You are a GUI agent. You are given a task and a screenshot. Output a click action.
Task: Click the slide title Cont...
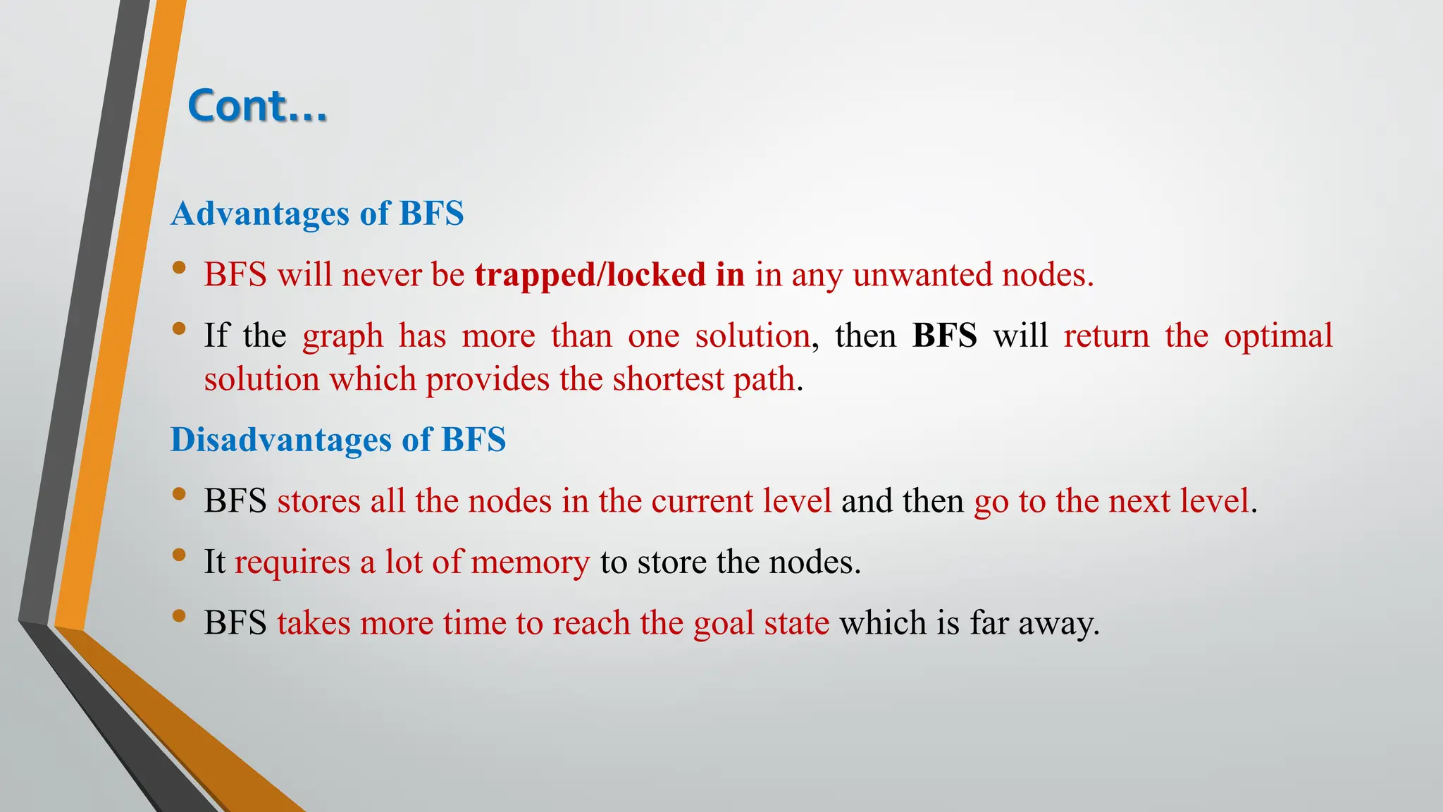pyautogui.click(x=257, y=106)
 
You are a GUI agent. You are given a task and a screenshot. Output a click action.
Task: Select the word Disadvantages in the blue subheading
pyautogui.click(x=280, y=441)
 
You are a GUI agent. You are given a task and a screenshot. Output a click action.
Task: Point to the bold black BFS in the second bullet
pyautogui.click(x=944, y=336)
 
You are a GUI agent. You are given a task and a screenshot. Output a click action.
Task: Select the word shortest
pyautogui.click(x=667, y=380)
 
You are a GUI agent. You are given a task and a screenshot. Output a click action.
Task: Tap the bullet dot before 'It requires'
pyautogui.click(x=179, y=555)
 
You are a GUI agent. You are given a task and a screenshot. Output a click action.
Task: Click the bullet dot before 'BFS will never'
pyautogui.click(x=179, y=268)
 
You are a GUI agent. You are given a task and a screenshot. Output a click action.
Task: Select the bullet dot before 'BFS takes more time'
pyautogui.click(x=179, y=616)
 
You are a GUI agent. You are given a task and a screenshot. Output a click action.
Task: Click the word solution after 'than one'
pyautogui.click(x=752, y=336)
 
